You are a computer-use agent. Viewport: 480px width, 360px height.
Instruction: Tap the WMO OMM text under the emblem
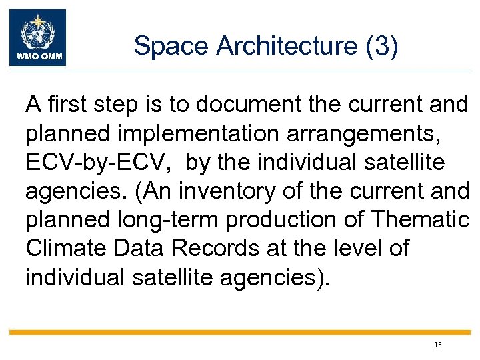(37, 58)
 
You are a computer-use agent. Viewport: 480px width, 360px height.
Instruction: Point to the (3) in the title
(381, 45)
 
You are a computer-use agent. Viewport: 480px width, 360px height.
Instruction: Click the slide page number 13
(437, 345)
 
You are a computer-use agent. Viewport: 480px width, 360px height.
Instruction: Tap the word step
(118, 105)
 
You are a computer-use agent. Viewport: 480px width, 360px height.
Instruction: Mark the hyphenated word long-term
(177, 219)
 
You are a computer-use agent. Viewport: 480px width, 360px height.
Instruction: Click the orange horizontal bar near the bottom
(240, 332)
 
